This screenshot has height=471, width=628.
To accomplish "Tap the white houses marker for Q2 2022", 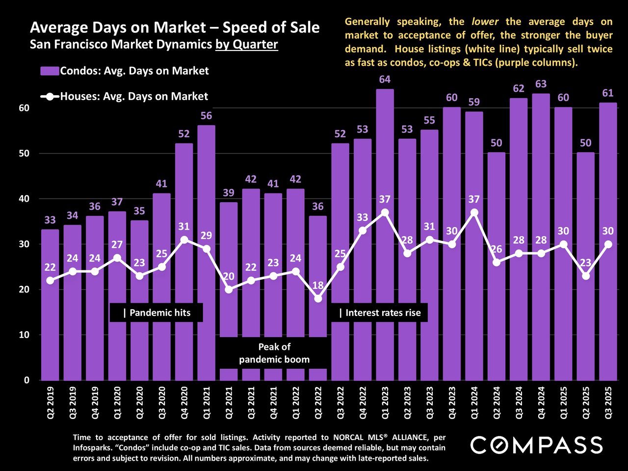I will (318, 298).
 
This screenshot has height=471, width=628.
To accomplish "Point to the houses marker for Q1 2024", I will (474, 212).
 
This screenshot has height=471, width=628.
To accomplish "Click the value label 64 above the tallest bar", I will (385, 79).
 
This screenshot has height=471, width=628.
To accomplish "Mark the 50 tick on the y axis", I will (24, 154).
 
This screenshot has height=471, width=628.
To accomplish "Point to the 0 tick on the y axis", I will (26, 380).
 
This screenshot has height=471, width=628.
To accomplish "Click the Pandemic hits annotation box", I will (157, 313).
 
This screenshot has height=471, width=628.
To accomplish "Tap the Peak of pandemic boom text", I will (274, 353).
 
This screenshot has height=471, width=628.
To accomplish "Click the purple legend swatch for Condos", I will (50, 71).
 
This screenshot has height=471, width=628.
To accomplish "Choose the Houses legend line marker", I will (50, 97).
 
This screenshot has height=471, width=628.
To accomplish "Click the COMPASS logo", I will (536, 445).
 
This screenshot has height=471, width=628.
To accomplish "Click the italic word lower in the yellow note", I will (485, 22).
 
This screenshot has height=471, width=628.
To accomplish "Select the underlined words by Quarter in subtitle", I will (247, 44).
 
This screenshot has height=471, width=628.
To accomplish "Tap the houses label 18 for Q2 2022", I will (318, 286).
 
